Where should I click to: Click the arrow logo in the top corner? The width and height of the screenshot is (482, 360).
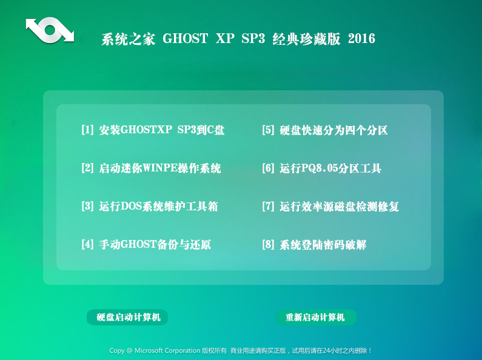click(50, 30)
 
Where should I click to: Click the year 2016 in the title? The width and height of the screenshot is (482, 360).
click(361, 39)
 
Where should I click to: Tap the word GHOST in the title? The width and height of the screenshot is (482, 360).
click(185, 39)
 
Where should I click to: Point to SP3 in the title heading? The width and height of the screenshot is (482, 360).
click(253, 39)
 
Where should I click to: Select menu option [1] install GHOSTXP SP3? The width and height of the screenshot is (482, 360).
click(153, 130)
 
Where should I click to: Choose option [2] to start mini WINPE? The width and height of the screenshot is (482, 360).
click(151, 168)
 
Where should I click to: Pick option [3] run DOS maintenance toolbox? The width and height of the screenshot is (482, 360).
click(150, 206)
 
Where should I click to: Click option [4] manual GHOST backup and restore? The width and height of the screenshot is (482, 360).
click(146, 244)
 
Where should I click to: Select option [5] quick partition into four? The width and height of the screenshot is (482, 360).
click(325, 130)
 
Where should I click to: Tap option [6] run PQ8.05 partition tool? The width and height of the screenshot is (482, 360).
click(321, 168)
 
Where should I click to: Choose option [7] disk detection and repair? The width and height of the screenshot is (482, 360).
click(330, 206)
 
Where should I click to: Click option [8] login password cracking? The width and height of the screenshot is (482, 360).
click(314, 244)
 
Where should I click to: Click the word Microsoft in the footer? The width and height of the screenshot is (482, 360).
click(149, 350)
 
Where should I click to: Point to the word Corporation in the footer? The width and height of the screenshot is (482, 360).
click(182, 350)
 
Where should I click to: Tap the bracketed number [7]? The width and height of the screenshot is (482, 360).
click(268, 206)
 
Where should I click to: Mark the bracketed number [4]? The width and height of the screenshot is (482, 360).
click(87, 244)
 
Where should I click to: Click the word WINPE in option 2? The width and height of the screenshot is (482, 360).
click(161, 168)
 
